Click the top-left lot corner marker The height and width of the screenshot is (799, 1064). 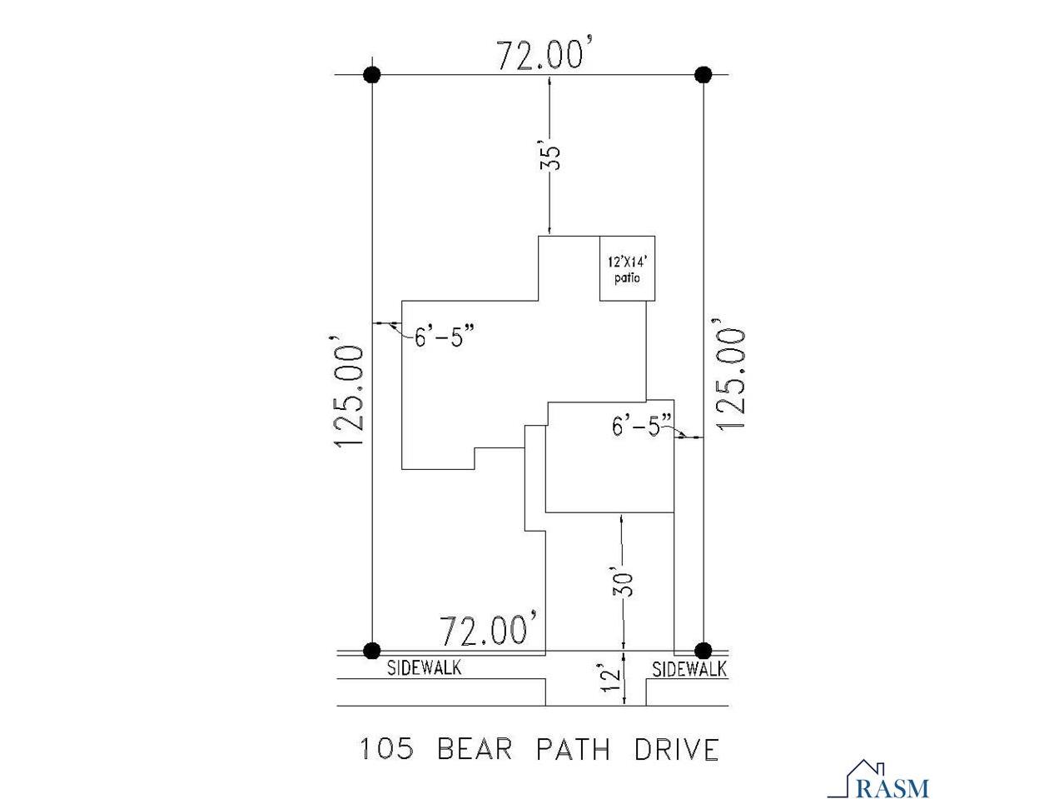pos(372,75)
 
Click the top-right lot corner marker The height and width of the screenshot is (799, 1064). pos(704,75)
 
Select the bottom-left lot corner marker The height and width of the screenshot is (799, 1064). pos(372,650)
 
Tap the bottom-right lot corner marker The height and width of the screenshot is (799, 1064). pos(704,650)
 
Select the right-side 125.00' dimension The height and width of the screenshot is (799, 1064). pos(729,379)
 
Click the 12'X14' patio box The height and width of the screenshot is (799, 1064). pos(627,268)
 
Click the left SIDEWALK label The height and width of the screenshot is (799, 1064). pos(424,667)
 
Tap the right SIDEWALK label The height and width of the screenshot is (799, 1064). pos(689,668)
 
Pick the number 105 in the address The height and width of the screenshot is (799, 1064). pos(386,748)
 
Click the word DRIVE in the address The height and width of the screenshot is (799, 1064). pos(676,748)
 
